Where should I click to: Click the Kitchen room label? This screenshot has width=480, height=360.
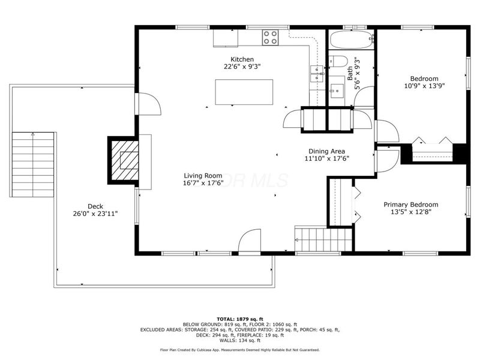[x=242, y=59]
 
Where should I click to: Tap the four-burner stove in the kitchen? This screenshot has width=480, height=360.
[x=271, y=38]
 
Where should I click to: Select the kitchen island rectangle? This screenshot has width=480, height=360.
[x=244, y=92]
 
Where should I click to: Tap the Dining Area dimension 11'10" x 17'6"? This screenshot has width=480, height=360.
[x=326, y=159]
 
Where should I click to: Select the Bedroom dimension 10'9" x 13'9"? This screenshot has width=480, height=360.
[x=424, y=86]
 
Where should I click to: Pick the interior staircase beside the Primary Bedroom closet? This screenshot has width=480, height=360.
[x=311, y=241]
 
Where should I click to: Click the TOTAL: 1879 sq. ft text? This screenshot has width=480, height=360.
[x=239, y=319]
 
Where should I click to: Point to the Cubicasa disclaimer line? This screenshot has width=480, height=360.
[x=239, y=350]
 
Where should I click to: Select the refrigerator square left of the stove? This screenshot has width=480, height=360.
[x=226, y=37]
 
